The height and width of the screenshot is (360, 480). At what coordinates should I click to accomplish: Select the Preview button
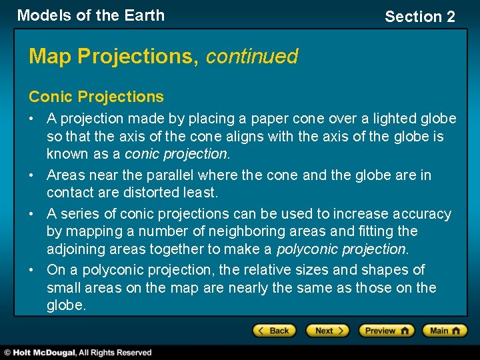pyautogui.click(x=386, y=331)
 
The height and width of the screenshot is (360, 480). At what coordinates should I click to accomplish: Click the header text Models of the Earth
pyautogui.click(x=91, y=15)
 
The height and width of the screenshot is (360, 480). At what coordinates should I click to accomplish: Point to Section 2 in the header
pyautogui.click(x=419, y=17)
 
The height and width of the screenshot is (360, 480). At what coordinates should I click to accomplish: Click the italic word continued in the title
pyautogui.click(x=252, y=57)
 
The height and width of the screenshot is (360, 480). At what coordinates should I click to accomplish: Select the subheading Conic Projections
pyautogui.click(x=96, y=97)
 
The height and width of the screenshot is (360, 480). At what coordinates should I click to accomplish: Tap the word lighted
pyautogui.click(x=392, y=119)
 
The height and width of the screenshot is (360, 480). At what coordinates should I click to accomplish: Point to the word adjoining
pyautogui.click(x=73, y=249)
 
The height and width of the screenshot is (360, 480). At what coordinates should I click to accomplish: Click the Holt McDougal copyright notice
pyautogui.click(x=78, y=353)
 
